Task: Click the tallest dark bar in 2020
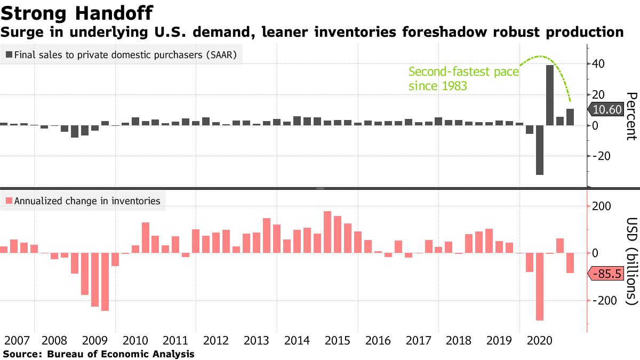[549, 95]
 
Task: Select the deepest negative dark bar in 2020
[540, 150]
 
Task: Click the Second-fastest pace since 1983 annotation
[463, 78]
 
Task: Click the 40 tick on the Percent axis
[598, 64]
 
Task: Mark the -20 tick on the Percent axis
[599, 156]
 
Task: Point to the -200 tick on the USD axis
[602, 301]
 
